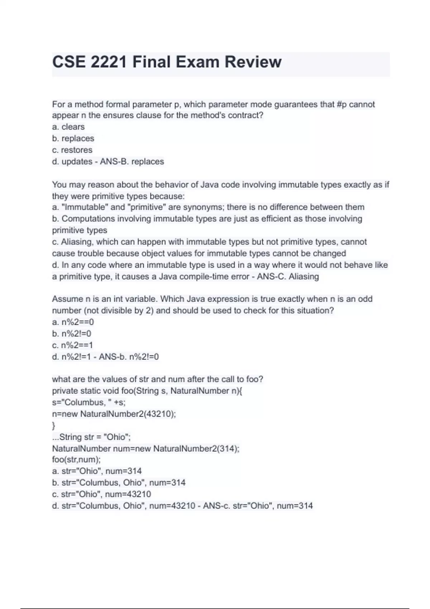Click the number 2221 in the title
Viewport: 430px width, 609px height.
pyautogui.click(x=109, y=62)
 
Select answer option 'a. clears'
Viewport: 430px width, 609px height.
pyautogui.click(x=68, y=127)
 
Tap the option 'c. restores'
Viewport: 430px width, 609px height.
pyautogui.click(x=72, y=150)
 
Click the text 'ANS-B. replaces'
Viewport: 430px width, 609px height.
pyautogui.click(x=132, y=162)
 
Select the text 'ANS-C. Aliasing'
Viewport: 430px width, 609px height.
pyautogui.click(x=288, y=277)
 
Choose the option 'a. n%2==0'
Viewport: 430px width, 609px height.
pyautogui.click(x=73, y=322)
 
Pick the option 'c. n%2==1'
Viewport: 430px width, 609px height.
pyautogui.click(x=73, y=345)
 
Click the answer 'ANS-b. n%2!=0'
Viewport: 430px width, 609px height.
pyautogui.click(x=129, y=357)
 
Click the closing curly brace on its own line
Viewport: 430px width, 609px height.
pyautogui.click(x=54, y=426)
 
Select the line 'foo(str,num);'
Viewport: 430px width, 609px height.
pyautogui.click(x=76, y=460)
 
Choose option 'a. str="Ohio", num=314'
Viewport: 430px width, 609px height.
pyautogui.click(x=97, y=471)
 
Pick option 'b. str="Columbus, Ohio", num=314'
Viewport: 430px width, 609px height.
pyautogui.click(x=119, y=483)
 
